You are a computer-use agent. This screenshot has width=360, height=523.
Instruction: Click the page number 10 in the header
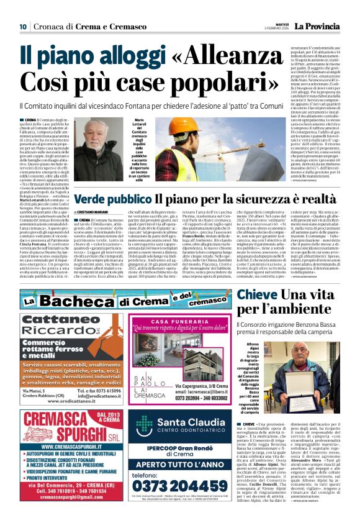point(23,27)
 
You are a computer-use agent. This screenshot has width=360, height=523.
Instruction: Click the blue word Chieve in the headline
point(257,294)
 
